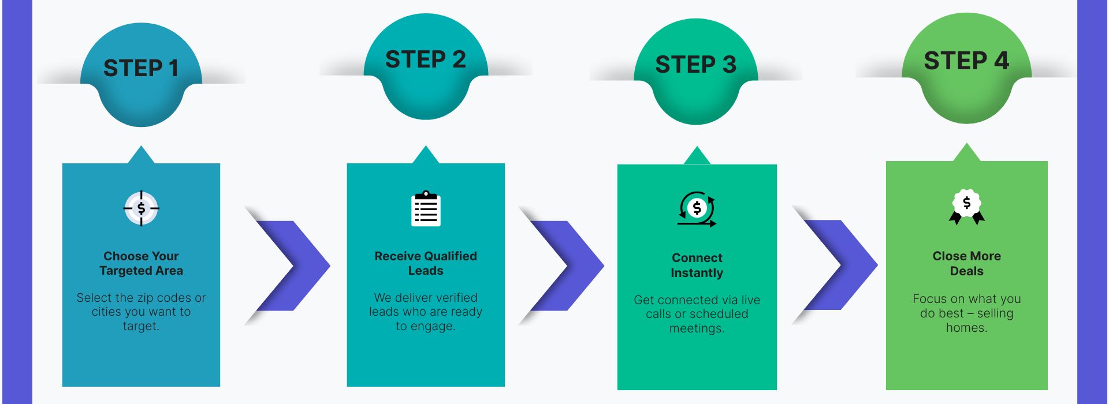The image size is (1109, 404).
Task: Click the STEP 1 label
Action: pos(140,68)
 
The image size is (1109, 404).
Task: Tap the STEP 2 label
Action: pos(425,59)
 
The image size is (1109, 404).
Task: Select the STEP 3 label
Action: pos(695,65)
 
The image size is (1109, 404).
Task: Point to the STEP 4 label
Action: pos(966,61)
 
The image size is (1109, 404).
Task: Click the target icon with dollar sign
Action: pos(141,208)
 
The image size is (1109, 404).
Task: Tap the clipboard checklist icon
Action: pos(426,209)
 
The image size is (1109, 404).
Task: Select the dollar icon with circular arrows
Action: pos(697,208)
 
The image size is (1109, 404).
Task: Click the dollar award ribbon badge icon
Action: pos(966,207)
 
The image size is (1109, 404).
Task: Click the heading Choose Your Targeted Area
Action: pos(141,263)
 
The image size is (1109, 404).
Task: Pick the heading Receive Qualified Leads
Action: pos(426,263)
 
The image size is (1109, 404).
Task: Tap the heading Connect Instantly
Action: pos(697,265)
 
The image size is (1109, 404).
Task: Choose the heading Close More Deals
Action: pos(966,263)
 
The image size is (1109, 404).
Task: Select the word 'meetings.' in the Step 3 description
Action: pos(697,328)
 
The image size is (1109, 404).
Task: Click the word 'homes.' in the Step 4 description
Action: pos(966,328)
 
